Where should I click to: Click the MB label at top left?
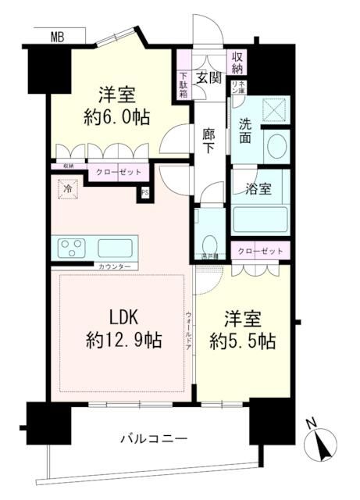click(58, 36)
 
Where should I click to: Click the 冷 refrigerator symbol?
click(68, 188)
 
